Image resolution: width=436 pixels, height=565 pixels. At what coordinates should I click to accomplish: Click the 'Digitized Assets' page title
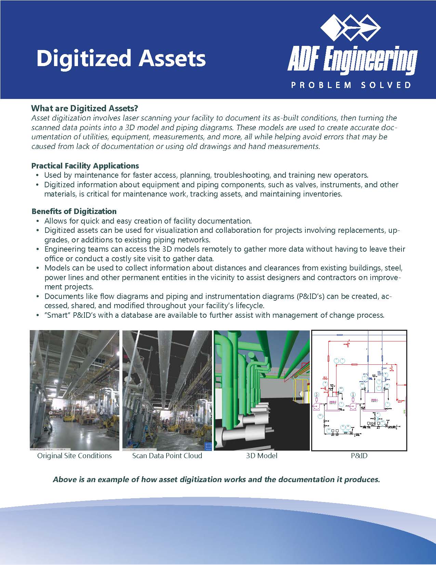point(121,58)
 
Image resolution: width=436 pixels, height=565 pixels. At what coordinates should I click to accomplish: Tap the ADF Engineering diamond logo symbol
point(351,27)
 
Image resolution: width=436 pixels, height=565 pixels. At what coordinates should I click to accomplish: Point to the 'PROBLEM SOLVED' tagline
point(351,85)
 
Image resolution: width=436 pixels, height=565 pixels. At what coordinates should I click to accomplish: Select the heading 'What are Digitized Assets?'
point(84,109)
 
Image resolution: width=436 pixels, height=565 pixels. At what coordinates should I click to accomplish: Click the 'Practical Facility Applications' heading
point(85,166)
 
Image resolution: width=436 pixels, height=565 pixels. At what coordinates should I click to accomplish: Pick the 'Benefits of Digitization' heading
point(74,211)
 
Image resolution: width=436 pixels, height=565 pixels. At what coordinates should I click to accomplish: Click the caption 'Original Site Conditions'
point(75,456)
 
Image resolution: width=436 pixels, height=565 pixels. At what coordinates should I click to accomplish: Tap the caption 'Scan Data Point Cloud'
point(167,456)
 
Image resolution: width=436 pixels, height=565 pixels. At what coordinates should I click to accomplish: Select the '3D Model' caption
point(262,456)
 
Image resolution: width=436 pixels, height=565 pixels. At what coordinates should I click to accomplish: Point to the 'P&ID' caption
point(359,456)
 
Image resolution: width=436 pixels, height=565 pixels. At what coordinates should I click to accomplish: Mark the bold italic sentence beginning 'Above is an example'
point(216,479)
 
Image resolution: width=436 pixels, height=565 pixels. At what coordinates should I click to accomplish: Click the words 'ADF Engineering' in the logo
point(352,62)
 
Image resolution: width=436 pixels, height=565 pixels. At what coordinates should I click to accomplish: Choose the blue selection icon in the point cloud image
point(208,446)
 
